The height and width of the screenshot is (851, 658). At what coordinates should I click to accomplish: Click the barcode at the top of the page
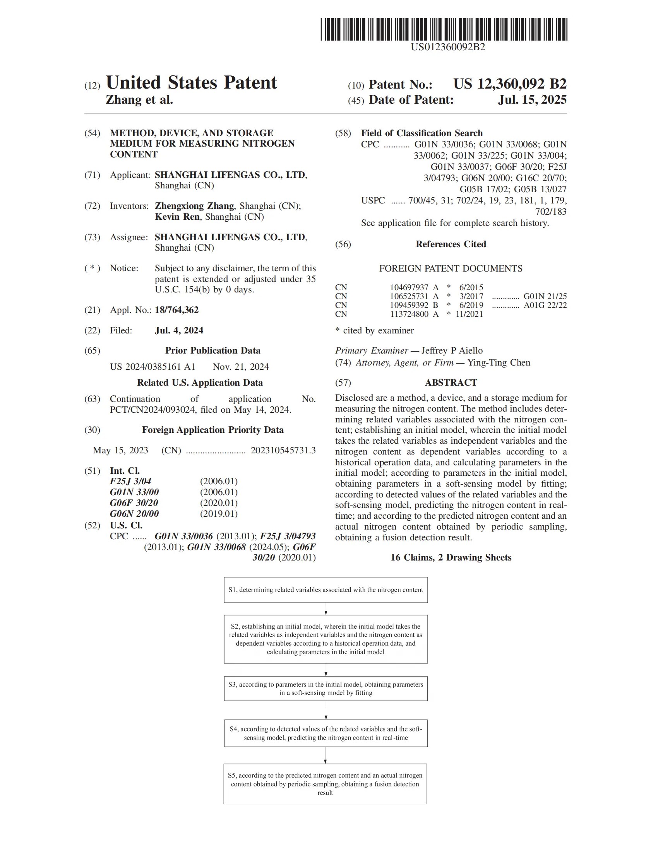point(444,29)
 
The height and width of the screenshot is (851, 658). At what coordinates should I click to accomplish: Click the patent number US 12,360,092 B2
point(509,84)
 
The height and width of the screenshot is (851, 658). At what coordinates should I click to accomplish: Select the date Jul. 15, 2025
point(532,100)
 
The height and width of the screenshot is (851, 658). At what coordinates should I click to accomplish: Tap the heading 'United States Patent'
point(191,83)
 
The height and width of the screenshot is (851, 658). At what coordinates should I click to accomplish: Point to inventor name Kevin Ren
point(177,217)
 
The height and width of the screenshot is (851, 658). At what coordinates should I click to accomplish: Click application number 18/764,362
point(176,310)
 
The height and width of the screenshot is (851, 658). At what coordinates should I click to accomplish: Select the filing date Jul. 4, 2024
point(179,330)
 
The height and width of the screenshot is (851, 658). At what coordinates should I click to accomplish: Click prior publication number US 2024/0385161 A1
point(153,367)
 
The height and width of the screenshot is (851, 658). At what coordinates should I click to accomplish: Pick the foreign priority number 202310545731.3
point(283,450)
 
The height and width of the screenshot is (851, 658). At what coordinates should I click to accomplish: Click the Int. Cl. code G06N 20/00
point(134,514)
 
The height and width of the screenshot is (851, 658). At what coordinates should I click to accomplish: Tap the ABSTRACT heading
point(451,383)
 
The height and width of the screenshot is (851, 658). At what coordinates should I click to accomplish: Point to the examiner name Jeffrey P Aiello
point(452,351)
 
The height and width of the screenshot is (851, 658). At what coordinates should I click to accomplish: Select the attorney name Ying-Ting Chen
point(499,363)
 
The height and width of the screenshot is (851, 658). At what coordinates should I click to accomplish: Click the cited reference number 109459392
point(409,305)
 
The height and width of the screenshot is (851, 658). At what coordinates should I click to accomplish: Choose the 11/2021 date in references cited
point(470,314)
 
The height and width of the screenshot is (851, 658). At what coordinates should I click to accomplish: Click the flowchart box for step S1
point(326,590)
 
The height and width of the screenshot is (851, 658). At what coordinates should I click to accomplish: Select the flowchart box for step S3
point(326,689)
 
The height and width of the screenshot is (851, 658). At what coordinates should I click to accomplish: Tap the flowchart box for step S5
point(325,784)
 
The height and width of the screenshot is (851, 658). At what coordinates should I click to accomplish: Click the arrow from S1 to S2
point(326,609)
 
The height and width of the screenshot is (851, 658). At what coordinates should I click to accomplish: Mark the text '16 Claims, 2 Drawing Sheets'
point(451,557)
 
